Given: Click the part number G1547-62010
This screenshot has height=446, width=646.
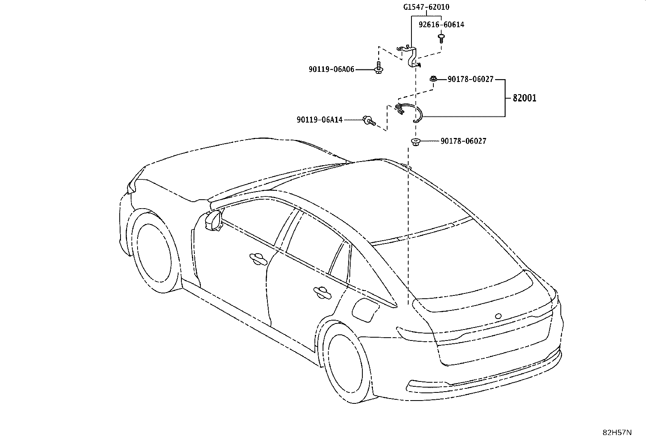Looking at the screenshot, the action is pos(426,7).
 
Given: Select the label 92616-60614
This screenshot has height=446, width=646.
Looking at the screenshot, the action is pos(441,24).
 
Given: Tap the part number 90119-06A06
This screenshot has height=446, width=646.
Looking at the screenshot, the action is pos(332,69).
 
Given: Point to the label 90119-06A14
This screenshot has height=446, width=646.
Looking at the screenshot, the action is pos(319,120).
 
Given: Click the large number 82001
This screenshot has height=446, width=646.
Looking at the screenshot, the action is pos(524,98).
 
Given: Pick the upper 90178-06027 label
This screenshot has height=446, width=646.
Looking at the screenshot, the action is pos(470,79).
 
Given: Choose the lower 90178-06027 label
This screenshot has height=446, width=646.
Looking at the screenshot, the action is pos(463,141).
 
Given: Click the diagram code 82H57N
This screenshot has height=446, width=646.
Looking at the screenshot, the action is pos(617,432).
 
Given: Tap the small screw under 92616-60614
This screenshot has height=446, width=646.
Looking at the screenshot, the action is pos(441,38).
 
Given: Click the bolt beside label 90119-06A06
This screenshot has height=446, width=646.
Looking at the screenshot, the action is pos(378,68).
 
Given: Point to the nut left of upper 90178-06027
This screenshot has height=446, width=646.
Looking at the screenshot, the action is pos(433,78).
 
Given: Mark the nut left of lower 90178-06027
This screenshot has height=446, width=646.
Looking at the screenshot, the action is pos(415,142).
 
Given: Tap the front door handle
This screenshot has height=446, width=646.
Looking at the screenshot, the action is pos(258,259).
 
